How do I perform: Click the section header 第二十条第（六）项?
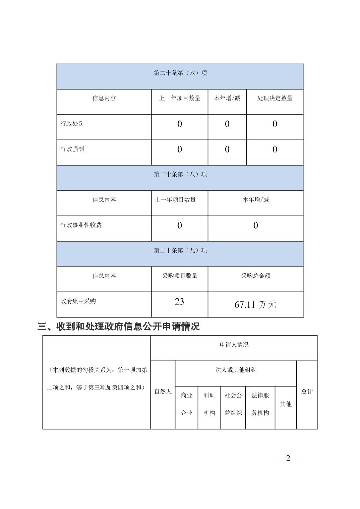click(180, 73)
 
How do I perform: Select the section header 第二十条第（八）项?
click(180, 174)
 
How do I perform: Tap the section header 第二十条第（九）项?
click(180, 250)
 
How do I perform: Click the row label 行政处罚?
click(72, 124)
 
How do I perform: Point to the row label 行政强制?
click(72, 149)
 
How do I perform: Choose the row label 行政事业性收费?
click(81, 225)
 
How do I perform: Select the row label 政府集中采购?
click(78, 301)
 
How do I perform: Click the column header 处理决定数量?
click(275, 98)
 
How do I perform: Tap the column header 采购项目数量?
click(180, 276)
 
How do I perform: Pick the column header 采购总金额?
click(255, 276)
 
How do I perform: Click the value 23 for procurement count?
click(179, 301)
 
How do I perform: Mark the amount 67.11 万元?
click(255, 305)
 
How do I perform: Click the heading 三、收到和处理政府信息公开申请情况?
click(119, 326)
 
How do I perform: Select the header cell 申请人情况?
click(234, 345)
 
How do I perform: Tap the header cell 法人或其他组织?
click(236, 370)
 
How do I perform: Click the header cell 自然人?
click(163, 391)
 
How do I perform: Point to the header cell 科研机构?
click(209, 404)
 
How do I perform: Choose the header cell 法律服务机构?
click(260, 404)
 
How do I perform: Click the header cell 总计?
click(307, 391)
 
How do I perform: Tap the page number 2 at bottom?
click(288, 458)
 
